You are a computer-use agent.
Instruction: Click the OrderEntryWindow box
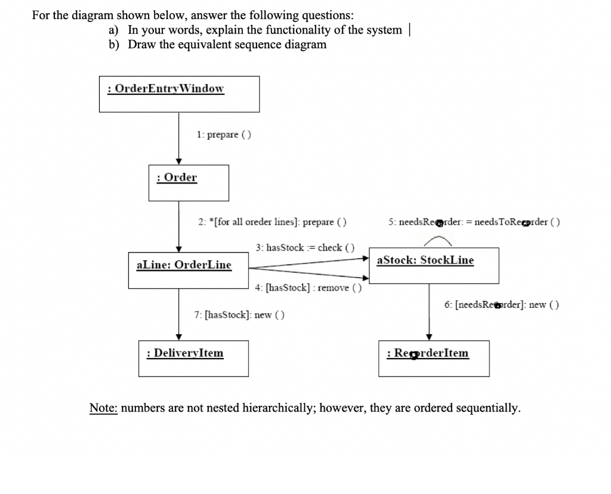[179, 94]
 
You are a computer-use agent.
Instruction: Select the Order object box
[189, 183]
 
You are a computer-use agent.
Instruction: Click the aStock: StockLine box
[434, 265]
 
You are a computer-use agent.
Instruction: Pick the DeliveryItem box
[193, 359]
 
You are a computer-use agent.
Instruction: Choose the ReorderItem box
[434, 359]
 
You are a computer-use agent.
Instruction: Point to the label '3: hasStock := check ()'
[305, 247]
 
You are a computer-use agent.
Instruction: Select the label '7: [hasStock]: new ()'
[239, 314]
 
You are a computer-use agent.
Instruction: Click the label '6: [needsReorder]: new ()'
[501, 305]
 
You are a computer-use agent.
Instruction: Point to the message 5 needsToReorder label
[474, 222]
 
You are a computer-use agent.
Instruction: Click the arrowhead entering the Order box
[179, 162]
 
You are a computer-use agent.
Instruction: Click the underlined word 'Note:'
[104, 409]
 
